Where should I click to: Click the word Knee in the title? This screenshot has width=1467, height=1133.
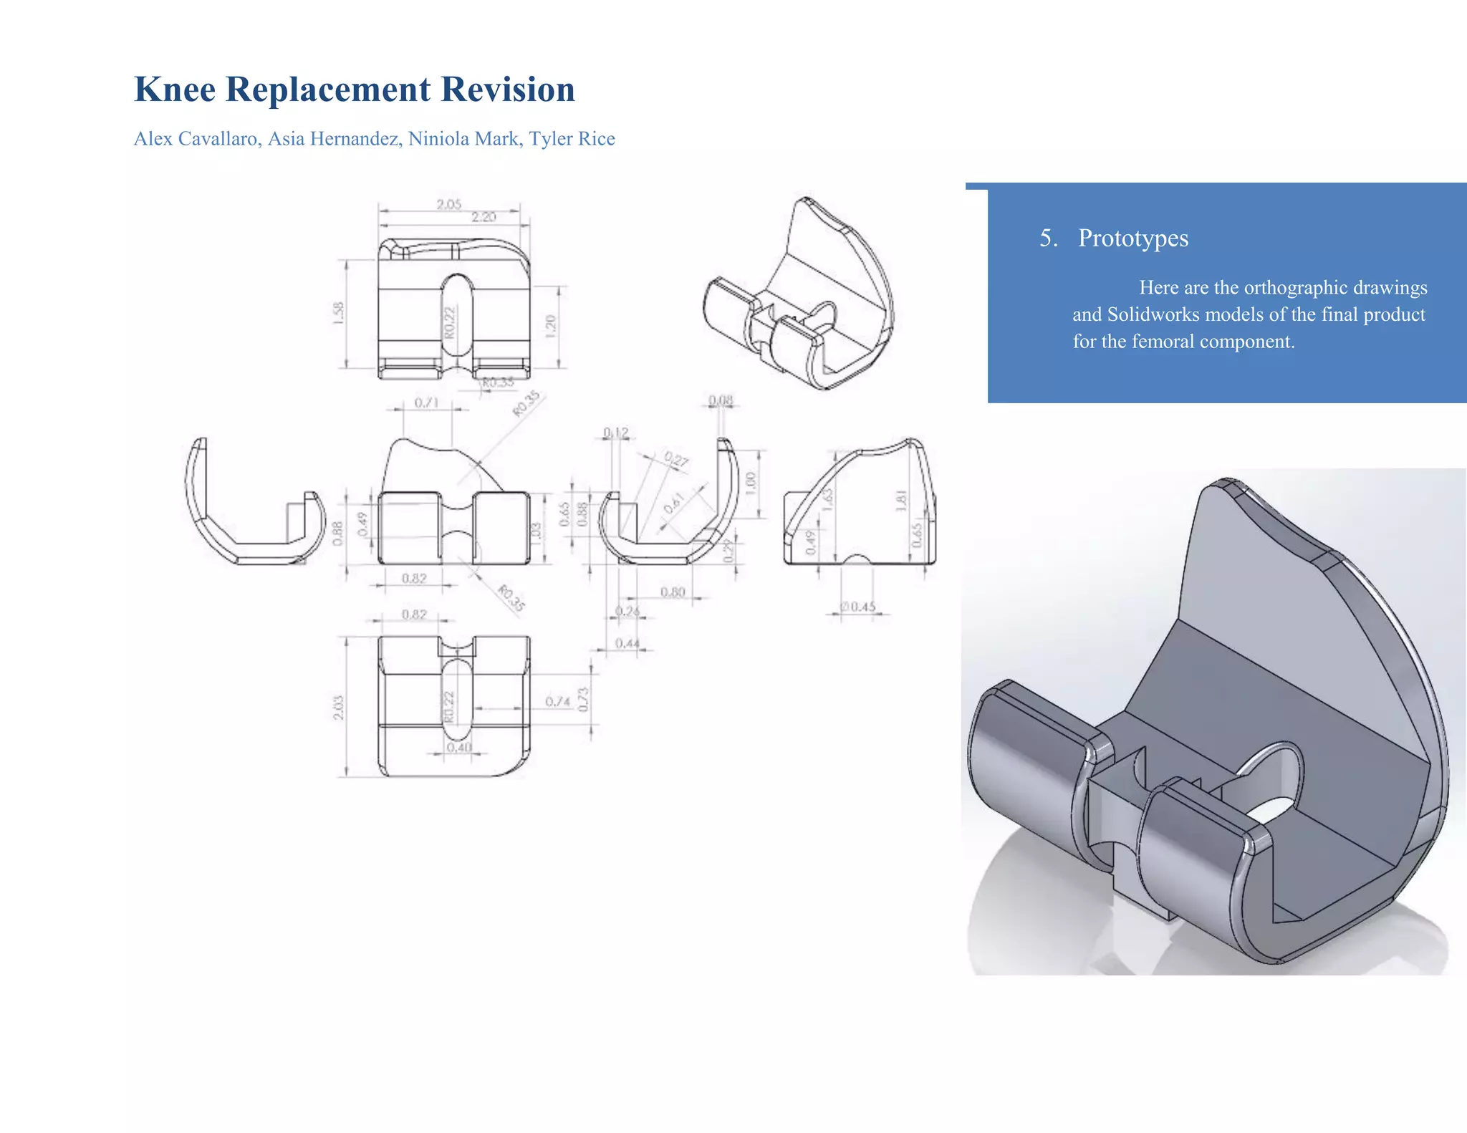coord(175,90)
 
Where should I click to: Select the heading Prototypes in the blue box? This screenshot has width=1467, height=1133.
coord(1132,238)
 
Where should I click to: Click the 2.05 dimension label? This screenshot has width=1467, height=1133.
coord(449,205)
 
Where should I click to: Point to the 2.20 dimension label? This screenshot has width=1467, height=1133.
coord(484,217)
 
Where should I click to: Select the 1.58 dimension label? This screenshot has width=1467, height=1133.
coord(338,313)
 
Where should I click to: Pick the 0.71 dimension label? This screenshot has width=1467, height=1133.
coord(426,402)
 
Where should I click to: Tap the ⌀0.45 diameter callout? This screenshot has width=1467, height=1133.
coord(858,607)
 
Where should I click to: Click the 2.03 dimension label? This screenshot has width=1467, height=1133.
coord(338,707)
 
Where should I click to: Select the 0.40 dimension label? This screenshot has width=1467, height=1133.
coord(458,747)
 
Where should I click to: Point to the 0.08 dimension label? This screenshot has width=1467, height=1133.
coord(721,400)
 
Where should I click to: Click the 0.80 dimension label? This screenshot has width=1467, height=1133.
coord(673,592)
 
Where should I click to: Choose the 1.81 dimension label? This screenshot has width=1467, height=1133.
coord(901,500)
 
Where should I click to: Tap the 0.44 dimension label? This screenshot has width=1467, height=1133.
coord(627,643)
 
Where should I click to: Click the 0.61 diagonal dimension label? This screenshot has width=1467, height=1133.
coord(673,503)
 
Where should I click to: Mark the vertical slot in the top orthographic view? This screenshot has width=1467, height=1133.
coord(457,315)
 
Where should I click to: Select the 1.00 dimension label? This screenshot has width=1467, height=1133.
coord(750,481)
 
